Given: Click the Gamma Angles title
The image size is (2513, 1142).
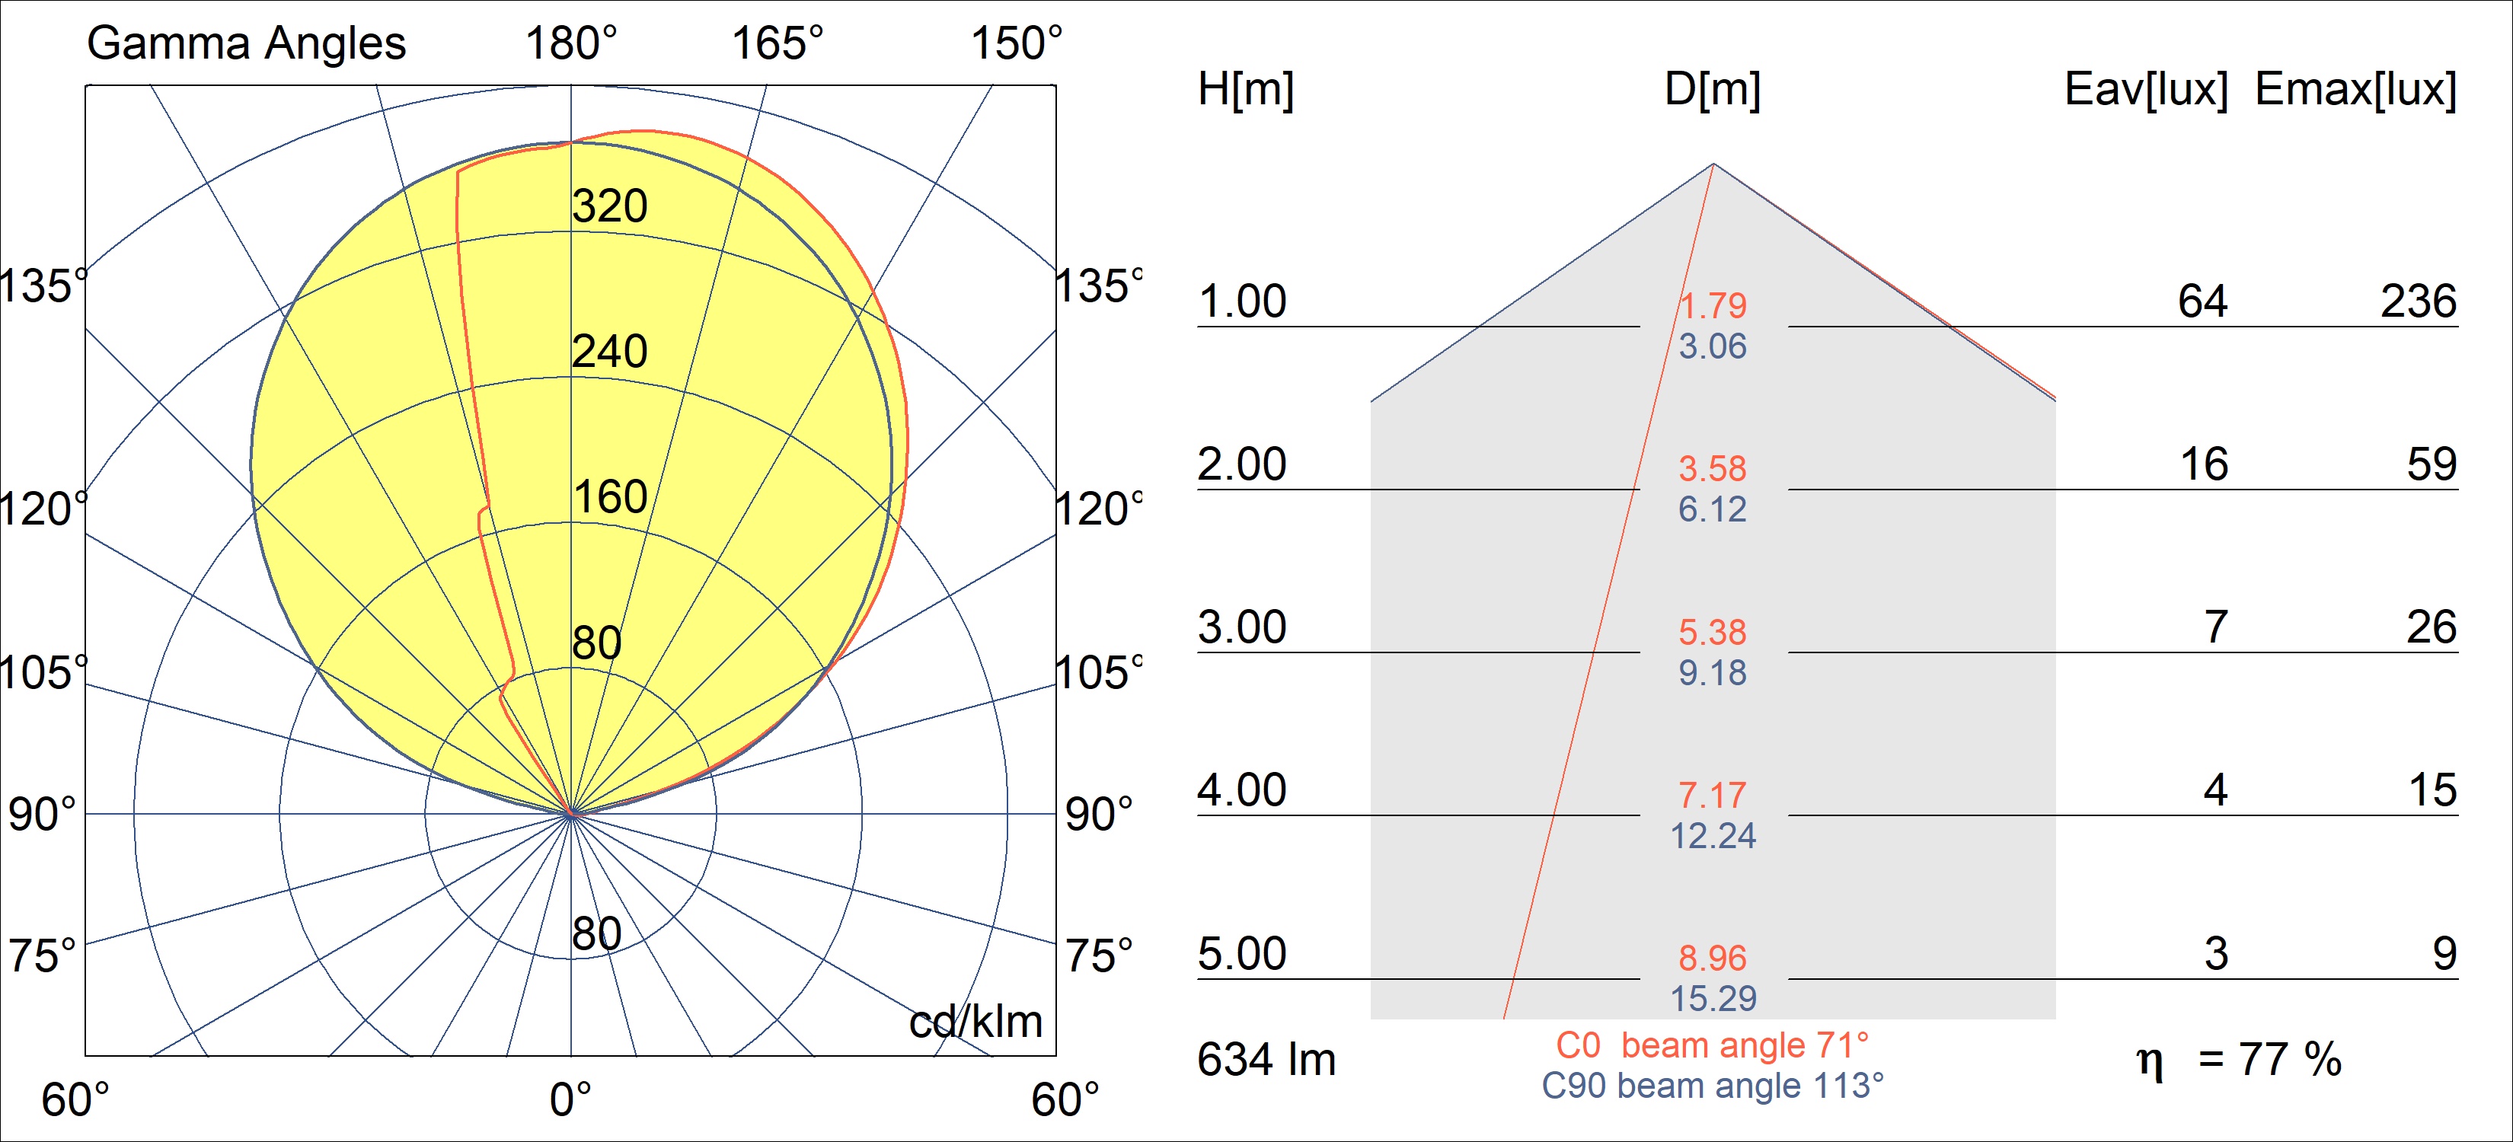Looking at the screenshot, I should click(x=246, y=44).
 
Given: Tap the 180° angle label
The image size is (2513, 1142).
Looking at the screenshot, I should click(x=570, y=44).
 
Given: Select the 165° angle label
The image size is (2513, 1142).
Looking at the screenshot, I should click(x=778, y=44).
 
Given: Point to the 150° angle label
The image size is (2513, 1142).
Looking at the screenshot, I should click(x=1016, y=44).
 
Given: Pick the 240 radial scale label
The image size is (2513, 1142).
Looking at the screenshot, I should click(x=610, y=352).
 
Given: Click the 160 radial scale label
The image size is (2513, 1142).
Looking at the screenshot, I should click(x=610, y=497).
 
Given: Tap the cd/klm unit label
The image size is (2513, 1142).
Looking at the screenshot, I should click(x=976, y=1022).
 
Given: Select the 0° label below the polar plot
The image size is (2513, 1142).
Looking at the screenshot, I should click(x=570, y=1100).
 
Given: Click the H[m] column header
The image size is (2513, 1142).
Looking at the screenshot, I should click(x=1246, y=90).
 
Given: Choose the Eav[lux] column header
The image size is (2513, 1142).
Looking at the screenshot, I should click(x=2146, y=90).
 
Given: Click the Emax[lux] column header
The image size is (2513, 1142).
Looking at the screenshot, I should click(x=2356, y=90).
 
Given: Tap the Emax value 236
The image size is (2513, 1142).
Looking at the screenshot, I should click(x=2419, y=301).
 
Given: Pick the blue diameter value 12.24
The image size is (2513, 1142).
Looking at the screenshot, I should click(x=1713, y=836).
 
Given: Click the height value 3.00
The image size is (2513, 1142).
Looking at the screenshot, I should click(x=1242, y=627).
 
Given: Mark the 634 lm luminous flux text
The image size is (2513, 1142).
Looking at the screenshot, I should click(x=1266, y=1060).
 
